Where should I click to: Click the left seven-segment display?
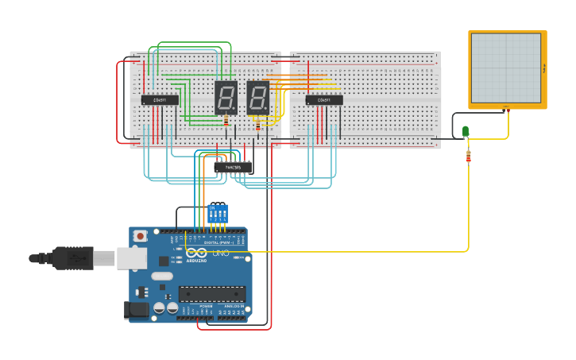226,98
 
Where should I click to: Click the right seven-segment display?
257,98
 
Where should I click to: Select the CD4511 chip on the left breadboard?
160,100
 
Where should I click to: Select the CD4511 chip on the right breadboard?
324,100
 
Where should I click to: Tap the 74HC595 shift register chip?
234,168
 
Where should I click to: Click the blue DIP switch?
217,214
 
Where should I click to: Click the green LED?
466,131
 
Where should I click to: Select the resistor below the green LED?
468,157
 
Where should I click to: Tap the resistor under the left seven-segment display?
226,121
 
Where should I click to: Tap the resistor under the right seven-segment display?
257,124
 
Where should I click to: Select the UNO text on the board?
220,254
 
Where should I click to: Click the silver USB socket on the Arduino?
132,257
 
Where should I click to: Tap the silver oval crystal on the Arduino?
161,277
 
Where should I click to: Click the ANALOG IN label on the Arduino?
234,306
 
